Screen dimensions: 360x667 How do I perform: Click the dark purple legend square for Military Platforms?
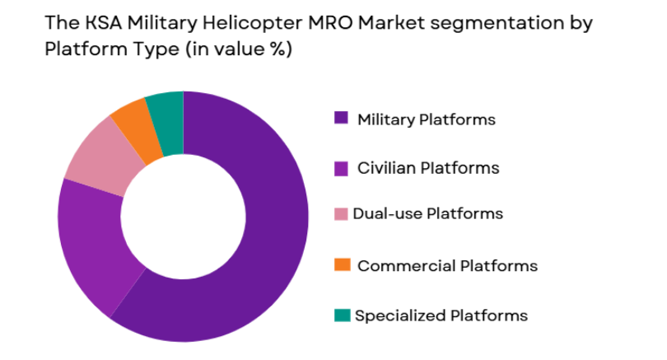point(341,118)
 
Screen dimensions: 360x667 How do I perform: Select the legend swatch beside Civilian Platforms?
point(341,167)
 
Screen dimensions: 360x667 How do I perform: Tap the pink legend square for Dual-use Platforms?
point(341,214)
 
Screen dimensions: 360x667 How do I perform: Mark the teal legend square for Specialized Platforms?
point(343,315)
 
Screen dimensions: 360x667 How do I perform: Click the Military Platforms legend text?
point(426,119)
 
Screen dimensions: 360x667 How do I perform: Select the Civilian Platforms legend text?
point(427,168)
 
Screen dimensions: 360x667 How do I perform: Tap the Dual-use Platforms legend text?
point(427,214)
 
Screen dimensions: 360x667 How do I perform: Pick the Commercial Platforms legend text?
point(447,265)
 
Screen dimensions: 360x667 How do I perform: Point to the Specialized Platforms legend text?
point(441,316)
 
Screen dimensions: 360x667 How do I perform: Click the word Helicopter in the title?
point(235,23)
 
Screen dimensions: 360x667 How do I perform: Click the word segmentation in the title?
point(473,23)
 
